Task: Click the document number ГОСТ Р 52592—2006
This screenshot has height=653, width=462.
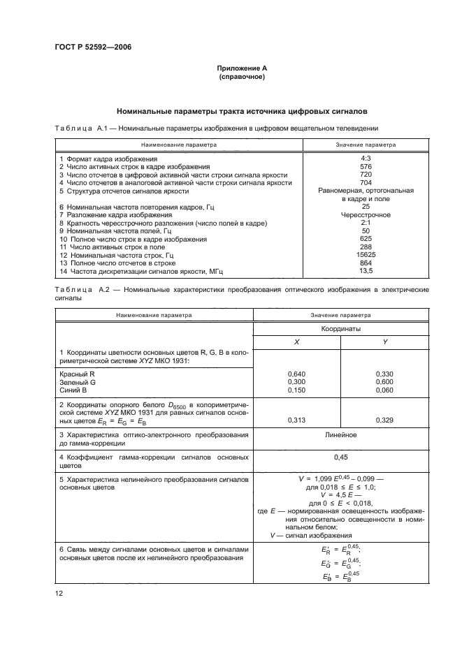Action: click(92, 47)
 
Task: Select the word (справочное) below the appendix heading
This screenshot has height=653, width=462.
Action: click(242, 76)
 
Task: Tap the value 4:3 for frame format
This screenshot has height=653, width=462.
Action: click(366, 159)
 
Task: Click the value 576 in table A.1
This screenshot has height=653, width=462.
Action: click(366, 167)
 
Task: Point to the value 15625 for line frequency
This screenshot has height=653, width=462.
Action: click(366, 254)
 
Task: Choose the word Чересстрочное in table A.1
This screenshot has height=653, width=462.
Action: click(366, 215)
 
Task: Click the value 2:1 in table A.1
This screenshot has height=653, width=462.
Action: click(366, 223)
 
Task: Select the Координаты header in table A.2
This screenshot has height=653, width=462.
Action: click(340, 328)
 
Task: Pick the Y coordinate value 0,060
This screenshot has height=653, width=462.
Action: click(385, 390)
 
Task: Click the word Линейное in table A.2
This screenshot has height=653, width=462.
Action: click(340, 435)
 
